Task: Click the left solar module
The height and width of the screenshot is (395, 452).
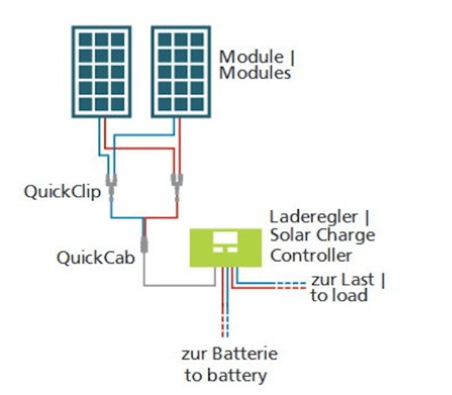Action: click(102, 72)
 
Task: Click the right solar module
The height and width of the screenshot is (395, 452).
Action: click(181, 72)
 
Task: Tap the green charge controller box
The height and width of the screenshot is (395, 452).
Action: click(225, 248)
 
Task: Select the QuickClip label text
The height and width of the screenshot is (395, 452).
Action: click(62, 192)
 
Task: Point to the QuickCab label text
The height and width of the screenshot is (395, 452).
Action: click(95, 258)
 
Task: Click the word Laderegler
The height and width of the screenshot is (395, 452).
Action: click(314, 217)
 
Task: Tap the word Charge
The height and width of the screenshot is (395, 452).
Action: click(346, 236)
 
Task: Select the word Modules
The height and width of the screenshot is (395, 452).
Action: click(255, 73)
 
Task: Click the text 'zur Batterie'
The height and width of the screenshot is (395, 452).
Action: click(229, 354)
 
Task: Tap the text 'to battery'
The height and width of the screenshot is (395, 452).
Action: click(225, 375)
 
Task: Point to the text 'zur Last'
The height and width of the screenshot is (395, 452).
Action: click(342, 279)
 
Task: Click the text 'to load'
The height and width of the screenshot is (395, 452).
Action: click(339, 295)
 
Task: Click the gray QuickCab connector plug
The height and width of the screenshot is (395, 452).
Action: click(144, 244)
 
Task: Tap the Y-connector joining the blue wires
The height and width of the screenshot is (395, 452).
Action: click(111, 187)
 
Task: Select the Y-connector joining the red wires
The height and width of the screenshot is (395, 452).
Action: click(177, 187)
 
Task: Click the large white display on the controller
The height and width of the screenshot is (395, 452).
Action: click(225, 238)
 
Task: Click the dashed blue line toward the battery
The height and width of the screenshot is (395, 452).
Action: click(228, 326)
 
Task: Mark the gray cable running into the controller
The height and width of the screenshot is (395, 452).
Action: click(179, 286)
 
